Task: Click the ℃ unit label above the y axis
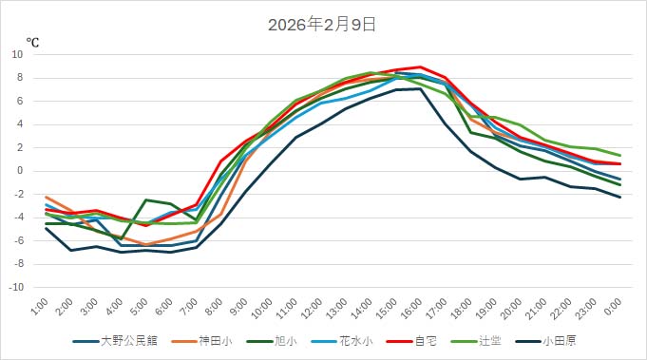32,43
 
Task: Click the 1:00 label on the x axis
41,306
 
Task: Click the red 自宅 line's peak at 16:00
420,67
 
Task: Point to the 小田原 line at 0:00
619,197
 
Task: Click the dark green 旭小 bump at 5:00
146,199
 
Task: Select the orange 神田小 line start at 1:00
47,197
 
